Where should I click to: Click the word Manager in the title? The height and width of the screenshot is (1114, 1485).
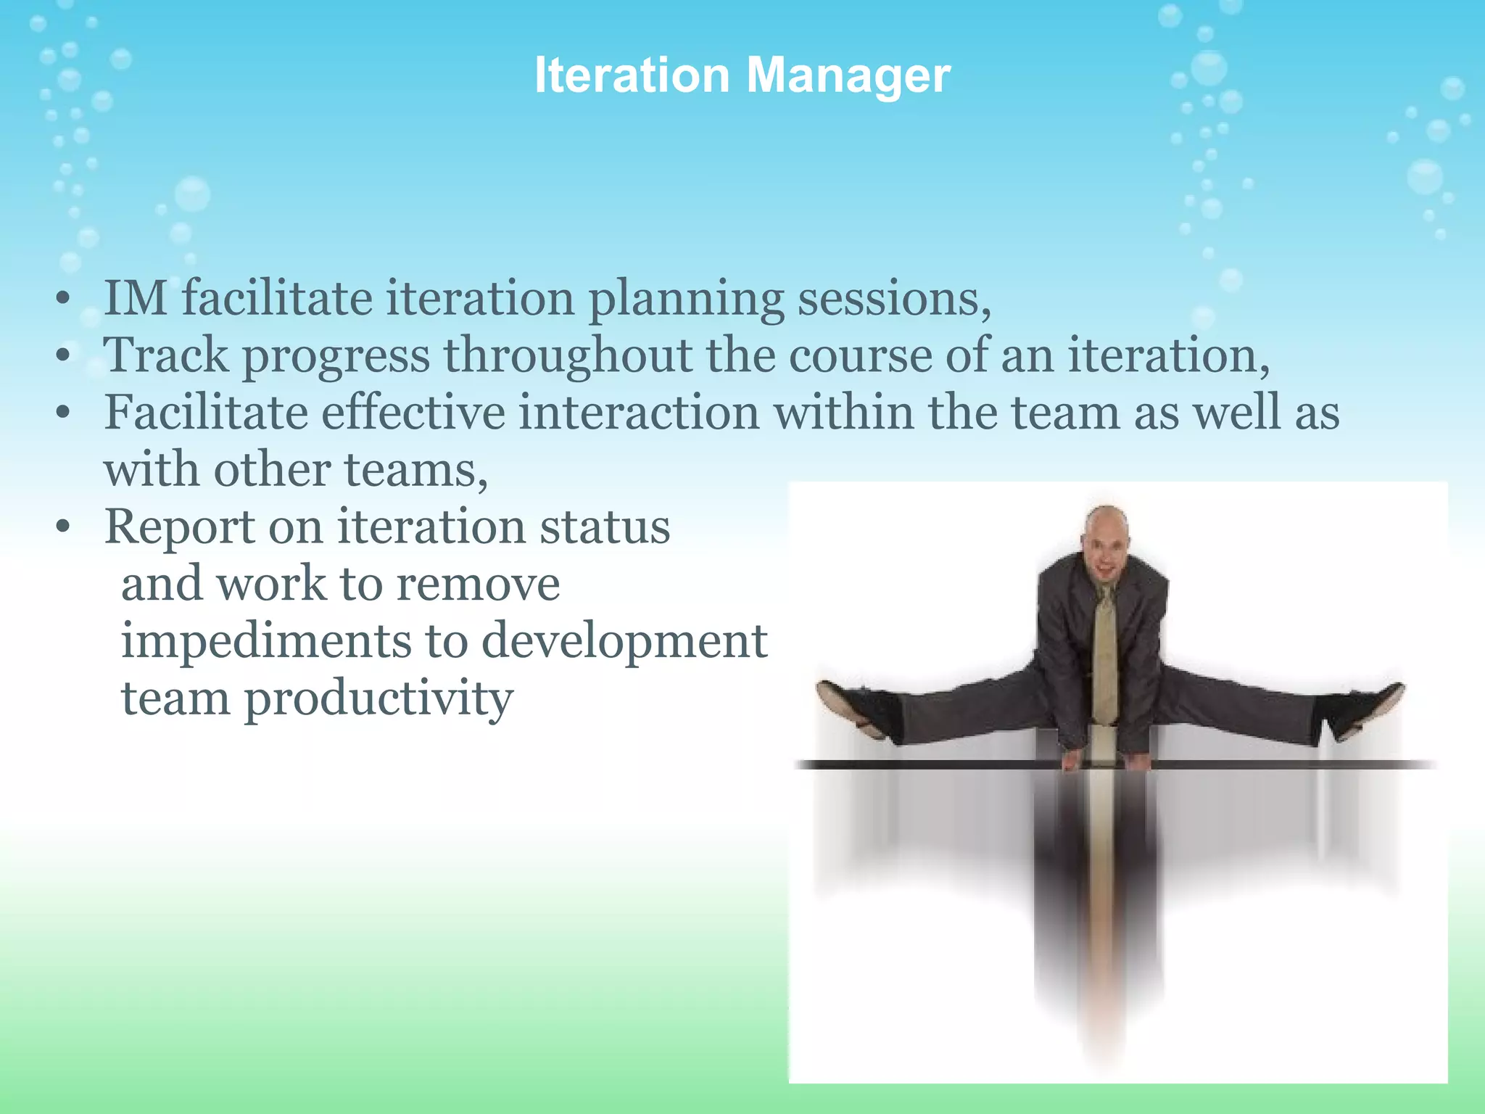[x=848, y=75]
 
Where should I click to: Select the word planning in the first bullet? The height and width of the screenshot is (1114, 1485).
[x=685, y=300]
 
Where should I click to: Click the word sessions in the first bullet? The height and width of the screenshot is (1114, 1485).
[x=893, y=298]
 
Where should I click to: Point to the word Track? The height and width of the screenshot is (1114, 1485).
[x=166, y=355]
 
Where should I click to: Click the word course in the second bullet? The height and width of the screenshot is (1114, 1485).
[x=860, y=355]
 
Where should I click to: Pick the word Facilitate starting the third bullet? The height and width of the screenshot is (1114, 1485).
[x=206, y=413]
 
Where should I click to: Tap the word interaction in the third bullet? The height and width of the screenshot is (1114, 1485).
[x=639, y=413]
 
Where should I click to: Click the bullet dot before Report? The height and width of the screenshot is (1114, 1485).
[x=63, y=528]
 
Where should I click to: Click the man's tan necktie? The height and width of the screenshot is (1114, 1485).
[x=1104, y=653]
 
